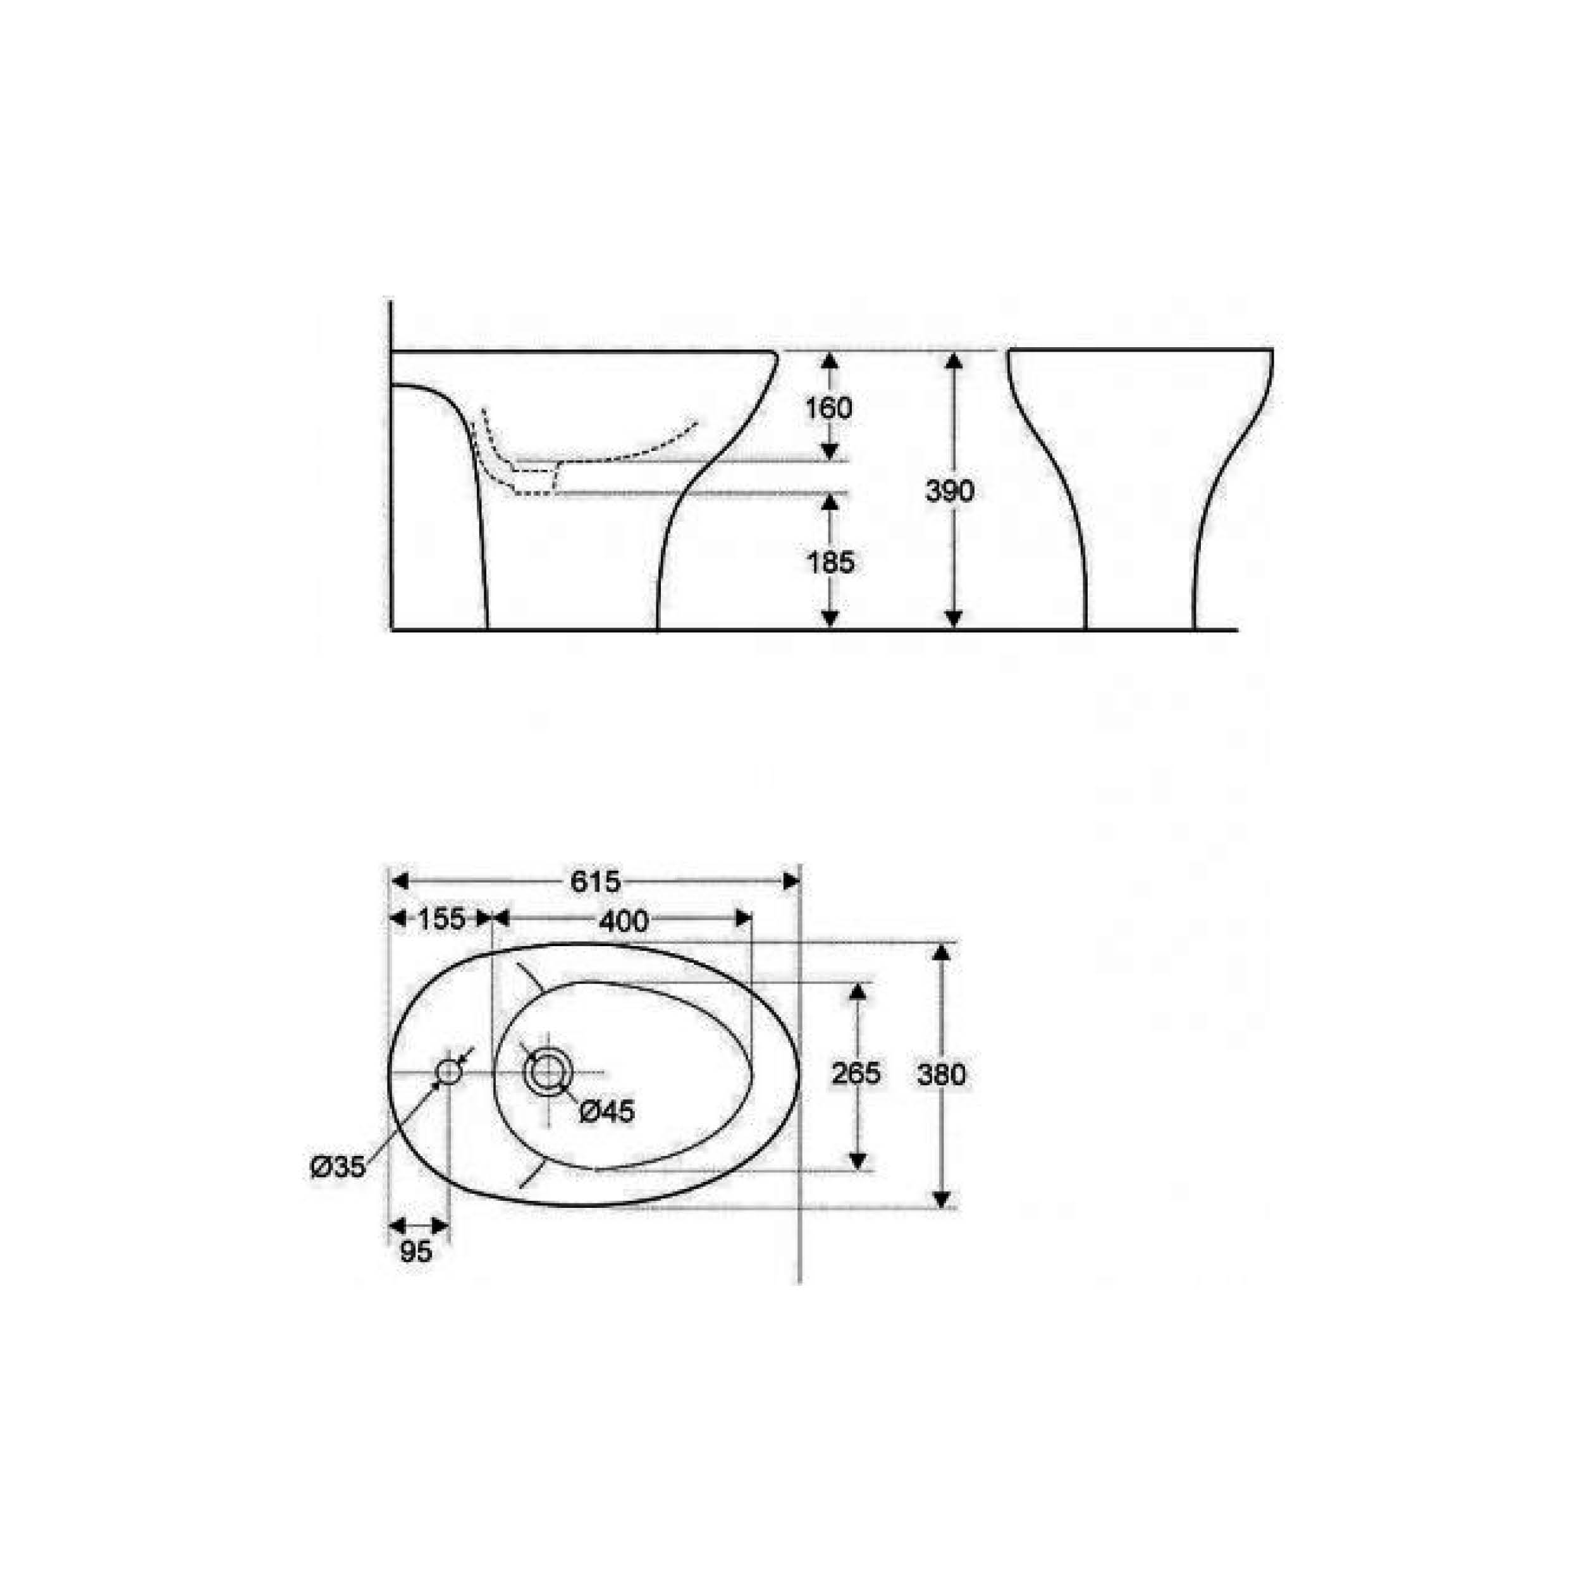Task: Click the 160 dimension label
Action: click(x=829, y=407)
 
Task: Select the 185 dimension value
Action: click(x=830, y=562)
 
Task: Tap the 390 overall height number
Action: click(x=950, y=491)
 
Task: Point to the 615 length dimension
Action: click(x=596, y=882)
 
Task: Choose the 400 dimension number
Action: click(x=624, y=921)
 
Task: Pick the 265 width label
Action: click(x=856, y=1074)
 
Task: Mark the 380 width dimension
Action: click(x=942, y=1074)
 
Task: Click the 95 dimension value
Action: click(x=415, y=1252)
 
